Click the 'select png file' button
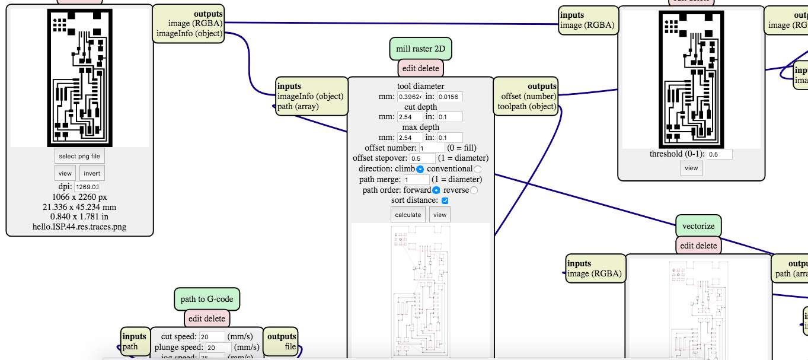click(x=80, y=156)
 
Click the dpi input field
click(x=87, y=187)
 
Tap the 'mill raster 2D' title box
click(x=420, y=49)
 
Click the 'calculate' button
click(x=408, y=215)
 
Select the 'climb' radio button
click(x=420, y=170)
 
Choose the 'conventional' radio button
click(x=478, y=170)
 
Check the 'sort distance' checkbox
click(x=445, y=201)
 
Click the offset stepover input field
click(x=422, y=158)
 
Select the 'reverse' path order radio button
click(x=474, y=190)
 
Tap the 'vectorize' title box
click(x=698, y=226)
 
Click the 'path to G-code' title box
click(x=206, y=300)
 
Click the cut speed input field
click(x=212, y=337)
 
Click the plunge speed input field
click(x=219, y=348)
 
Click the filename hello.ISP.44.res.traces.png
click(x=79, y=226)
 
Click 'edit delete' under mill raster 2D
click(x=420, y=68)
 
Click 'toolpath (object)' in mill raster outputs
click(x=527, y=107)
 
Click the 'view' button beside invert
click(x=65, y=173)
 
